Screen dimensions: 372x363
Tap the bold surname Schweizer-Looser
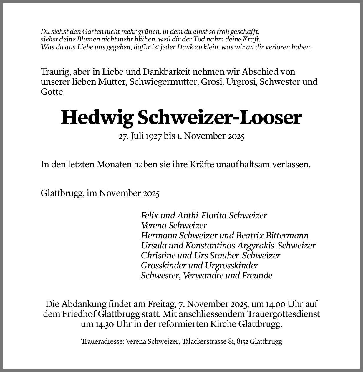tap(219, 118)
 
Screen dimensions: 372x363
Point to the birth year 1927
tap(153, 136)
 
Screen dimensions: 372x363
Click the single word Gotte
tap(52, 92)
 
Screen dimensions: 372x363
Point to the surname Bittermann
tap(287, 236)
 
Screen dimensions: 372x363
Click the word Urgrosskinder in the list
tap(231, 266)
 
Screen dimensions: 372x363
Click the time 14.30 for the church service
tap(103, 324)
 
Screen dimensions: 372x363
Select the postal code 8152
tap(243, 342)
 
